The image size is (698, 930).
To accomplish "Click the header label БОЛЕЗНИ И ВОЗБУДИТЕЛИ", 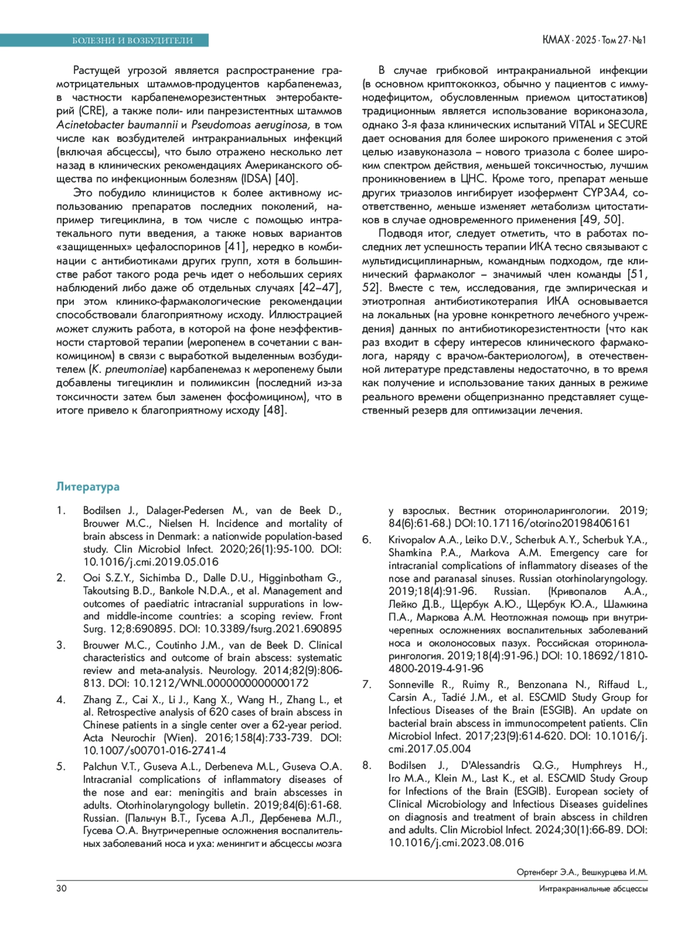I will (x=132, y=40).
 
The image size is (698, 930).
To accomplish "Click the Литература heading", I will (x=88, y=486).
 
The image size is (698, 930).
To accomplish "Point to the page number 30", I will (x=61, y=888).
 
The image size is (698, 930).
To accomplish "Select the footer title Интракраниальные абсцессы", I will (x=593, y=889).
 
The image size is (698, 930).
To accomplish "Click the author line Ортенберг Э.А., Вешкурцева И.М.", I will (x=582, y=872).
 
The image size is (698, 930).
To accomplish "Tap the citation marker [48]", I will (x=276, y=410).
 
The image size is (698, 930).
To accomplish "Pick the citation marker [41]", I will (x=236, y=247).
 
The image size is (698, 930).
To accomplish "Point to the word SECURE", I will (x=628, y=124).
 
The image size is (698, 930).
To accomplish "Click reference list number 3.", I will (x=60, y=645).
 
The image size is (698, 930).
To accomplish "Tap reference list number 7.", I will (x=366, y=684).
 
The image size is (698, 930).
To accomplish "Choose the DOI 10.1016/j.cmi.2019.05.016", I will (x=151, y=561).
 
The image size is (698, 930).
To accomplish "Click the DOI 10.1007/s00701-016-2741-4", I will (x=155, y=750).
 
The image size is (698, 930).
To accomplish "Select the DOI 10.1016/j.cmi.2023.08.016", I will (x=456, y=842).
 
